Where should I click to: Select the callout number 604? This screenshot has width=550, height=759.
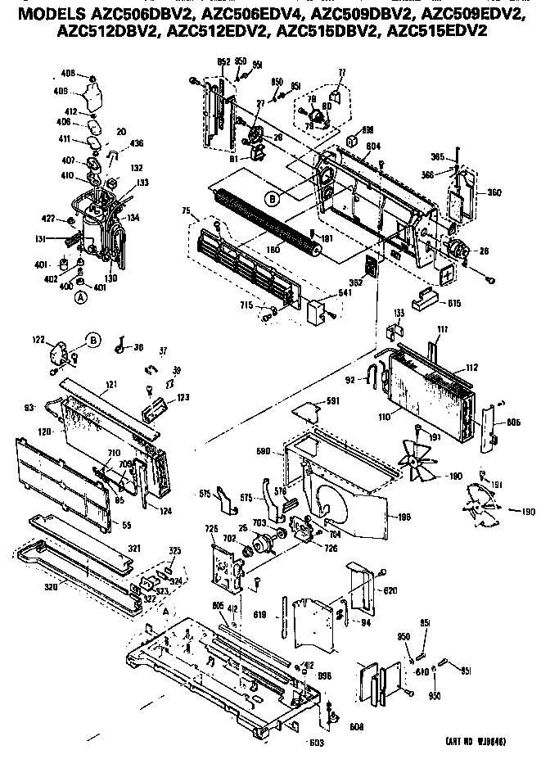coord(374,145)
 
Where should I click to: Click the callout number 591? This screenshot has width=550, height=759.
coord(331,400)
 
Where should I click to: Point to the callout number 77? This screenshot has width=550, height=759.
coord(341,73)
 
